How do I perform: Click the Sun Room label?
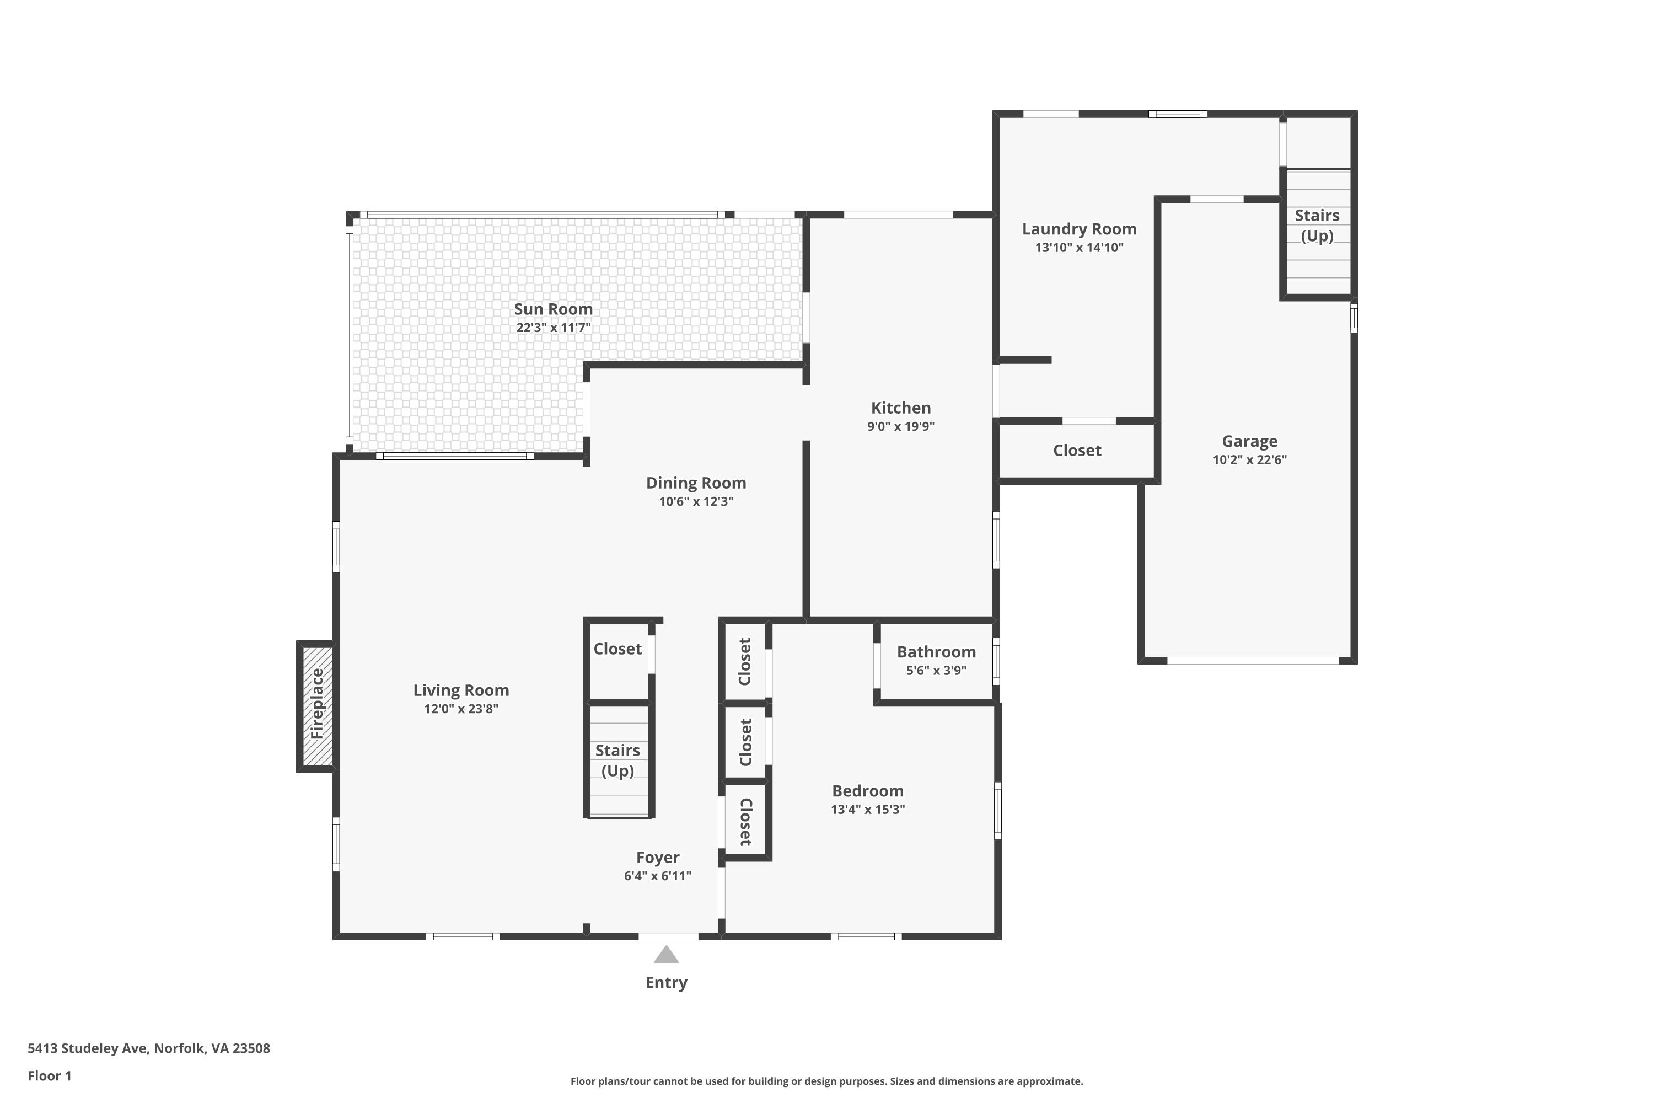coord(553,309)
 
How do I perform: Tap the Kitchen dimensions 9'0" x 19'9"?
coord(900,426)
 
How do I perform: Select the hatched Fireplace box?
coord(316,705)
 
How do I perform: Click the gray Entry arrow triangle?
coord(666,954)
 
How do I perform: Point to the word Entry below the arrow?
coord(666,983)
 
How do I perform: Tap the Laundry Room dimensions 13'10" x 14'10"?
coord(1079,248)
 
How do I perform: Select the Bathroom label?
coord(936,652)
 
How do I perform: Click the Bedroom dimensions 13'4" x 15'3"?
coord(867,810)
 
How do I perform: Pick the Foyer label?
coord(658,858)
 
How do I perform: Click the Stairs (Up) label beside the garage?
coord(1317,225)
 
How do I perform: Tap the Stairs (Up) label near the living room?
coord(617,761)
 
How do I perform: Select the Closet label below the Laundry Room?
coord(1077,450)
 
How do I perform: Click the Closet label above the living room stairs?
coord(617,649)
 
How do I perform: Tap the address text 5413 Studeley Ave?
coord(88,1048)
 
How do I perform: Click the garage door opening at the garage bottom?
coord(1253,661)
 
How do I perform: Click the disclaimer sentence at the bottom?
coord(826,1081)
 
